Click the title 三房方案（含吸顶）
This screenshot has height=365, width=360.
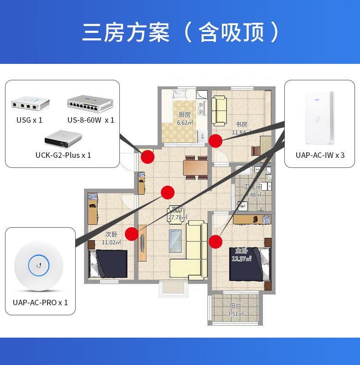click(180, 32)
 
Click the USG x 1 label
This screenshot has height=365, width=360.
click(29, 120)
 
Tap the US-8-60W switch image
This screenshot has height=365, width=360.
click(90, 104)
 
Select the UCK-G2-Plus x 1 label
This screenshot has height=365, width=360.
click(63, 155)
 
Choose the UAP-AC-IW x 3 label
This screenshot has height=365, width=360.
click(320, 155)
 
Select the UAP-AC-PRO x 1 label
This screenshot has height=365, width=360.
click(40, 302)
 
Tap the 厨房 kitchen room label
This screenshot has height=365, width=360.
click(185, 115)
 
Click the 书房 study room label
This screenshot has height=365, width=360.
click(241, 124)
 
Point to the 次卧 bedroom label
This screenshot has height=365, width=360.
click(111, 235)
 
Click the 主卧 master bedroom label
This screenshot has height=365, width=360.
click(242, 251)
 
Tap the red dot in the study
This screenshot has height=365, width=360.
click(215, 141)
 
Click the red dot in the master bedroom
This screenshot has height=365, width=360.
click(215, 241)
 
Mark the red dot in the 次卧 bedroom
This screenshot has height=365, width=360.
click(132, 234)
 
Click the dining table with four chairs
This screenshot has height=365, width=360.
click(196, 168)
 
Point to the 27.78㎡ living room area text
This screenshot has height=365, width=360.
click(177, 217)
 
